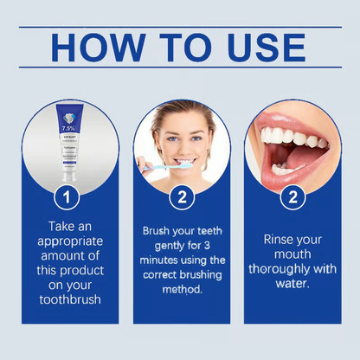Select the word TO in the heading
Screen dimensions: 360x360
[183, 48]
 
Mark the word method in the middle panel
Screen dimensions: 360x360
[180, 287]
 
